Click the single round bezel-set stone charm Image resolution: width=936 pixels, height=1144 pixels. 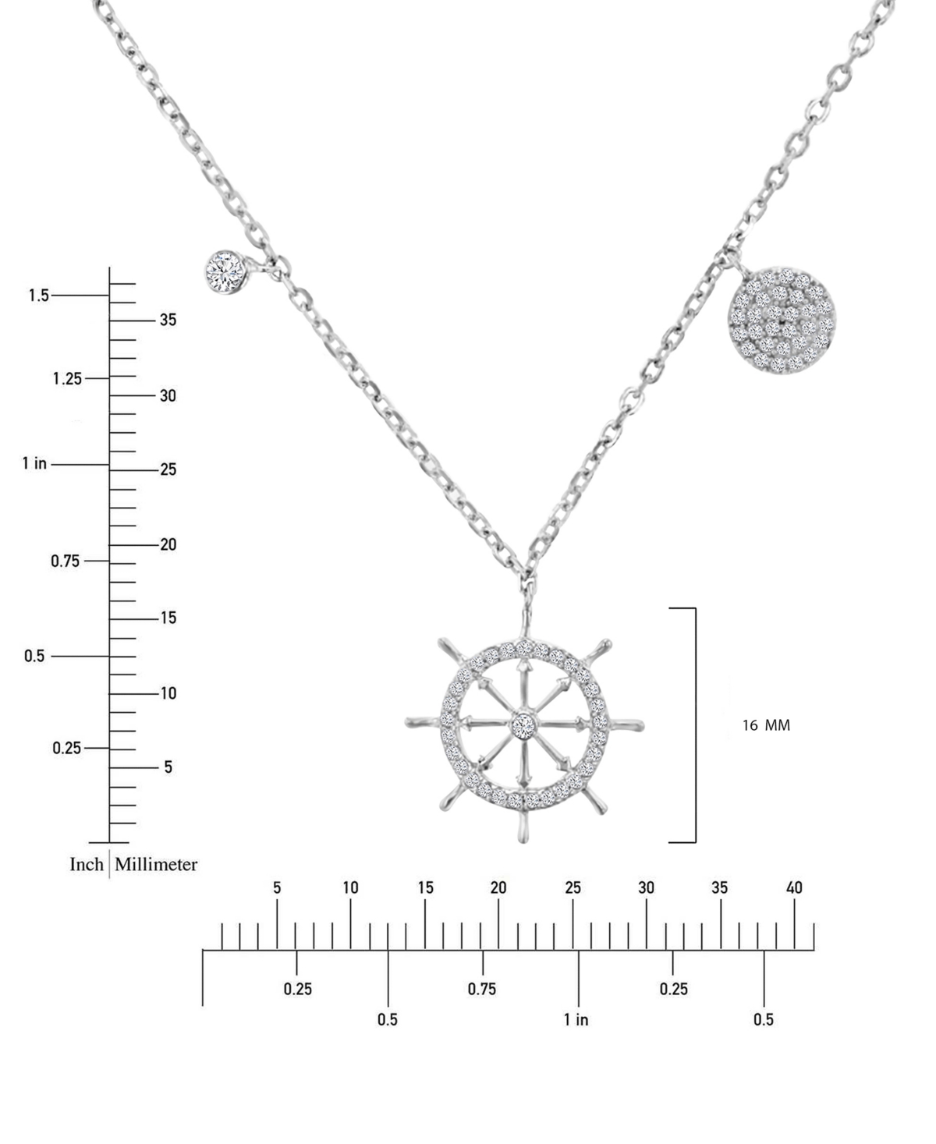227,271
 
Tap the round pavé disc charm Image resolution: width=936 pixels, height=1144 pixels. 782,320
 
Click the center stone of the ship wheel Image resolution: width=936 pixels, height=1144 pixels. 524,724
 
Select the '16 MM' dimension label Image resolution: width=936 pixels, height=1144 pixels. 766,725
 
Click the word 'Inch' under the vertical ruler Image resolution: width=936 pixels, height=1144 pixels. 87,864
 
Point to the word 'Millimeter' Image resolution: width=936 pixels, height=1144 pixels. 156,864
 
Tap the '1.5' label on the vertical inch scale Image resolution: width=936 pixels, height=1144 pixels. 38,296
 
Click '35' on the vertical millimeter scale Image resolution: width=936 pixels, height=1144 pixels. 168,320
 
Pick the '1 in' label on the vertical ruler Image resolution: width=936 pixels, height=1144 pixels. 34,464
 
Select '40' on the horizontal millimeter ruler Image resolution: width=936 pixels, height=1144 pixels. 794,888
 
